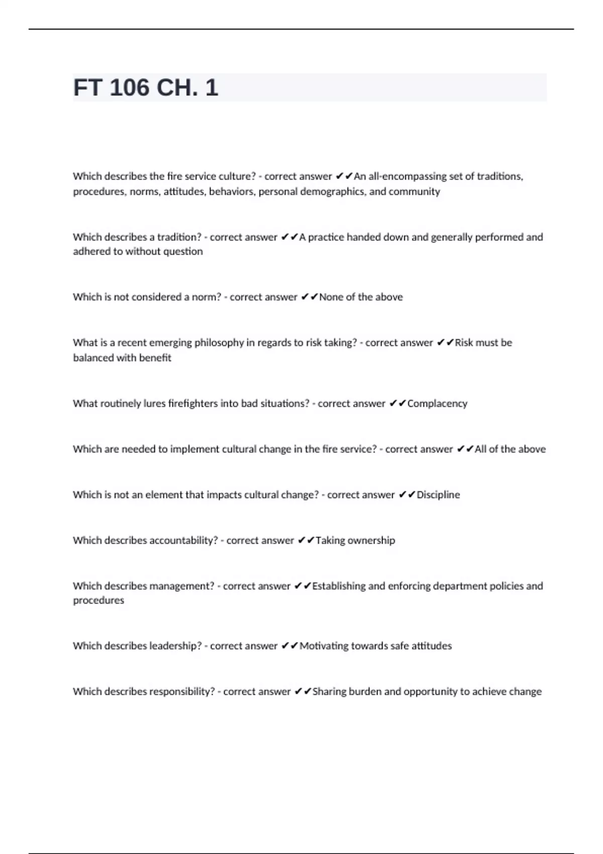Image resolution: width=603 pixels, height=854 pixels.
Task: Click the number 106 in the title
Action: tap(129, 88)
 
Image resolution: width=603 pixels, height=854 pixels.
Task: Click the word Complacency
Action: tap(437, 403)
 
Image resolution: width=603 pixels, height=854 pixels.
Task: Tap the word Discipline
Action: tap(438, 495)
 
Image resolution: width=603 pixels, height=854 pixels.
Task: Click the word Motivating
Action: tap(323, 646)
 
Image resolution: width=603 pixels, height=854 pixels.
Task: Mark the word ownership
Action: tap(371, 541)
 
